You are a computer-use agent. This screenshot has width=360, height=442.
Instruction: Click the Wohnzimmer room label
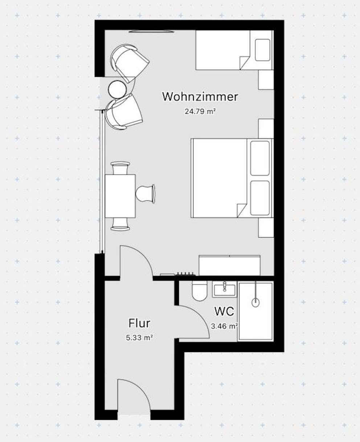pos(200,97)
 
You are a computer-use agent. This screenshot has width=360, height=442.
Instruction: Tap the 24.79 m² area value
pos(200,111)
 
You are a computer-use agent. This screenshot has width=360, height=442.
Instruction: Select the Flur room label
pos(139,323)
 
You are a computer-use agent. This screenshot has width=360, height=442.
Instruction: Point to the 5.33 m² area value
pos(139,338)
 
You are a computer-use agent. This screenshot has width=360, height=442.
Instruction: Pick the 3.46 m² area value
pos(224,326)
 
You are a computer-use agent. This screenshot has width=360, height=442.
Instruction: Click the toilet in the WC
pos(200,291)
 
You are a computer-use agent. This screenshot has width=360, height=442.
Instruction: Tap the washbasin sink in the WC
pos(224,289)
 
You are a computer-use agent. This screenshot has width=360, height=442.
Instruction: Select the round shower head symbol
pos(255,302)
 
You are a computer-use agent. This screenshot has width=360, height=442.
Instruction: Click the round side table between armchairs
pos(117,90)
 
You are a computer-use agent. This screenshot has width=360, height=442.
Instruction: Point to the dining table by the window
pos(120,196)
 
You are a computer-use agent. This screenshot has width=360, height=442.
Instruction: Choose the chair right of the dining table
pos(145,194)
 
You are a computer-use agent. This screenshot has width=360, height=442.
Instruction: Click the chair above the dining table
pos(120,168)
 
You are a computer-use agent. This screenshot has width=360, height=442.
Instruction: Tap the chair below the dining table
pos(120,224)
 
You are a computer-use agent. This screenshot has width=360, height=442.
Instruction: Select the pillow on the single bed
pos(263,50)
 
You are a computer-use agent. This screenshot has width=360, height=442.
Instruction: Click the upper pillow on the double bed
pos(260,158)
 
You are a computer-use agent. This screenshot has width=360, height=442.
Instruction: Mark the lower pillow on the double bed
pos(260,198)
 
